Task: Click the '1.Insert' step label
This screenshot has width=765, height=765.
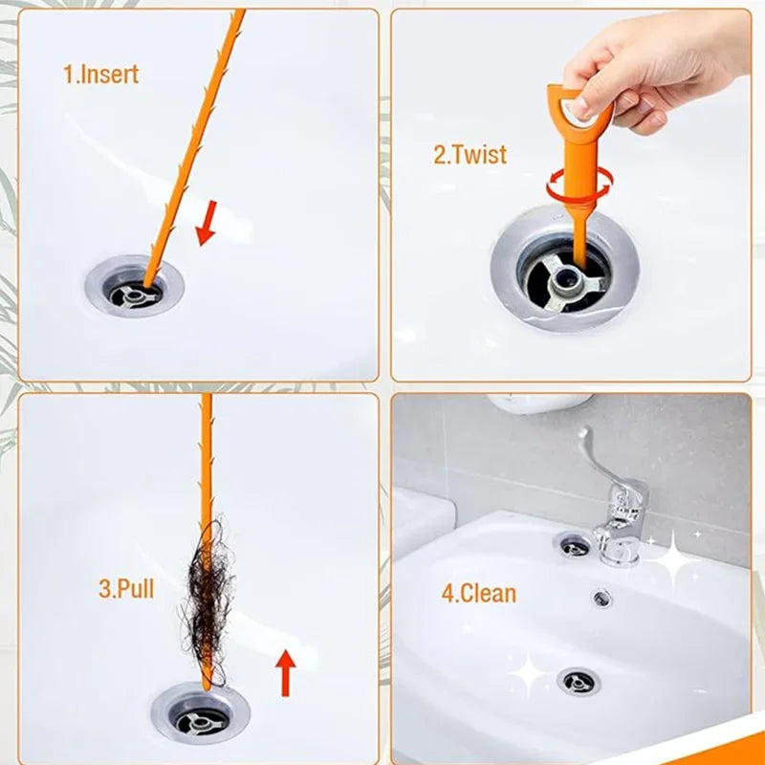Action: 100,75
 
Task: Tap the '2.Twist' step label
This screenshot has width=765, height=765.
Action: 470,155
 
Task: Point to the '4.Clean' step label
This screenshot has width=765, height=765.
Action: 478,593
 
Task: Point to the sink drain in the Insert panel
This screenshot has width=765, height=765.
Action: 134,287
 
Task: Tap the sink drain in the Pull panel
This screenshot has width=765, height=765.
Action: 200,712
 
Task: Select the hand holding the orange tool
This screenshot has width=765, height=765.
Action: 650,72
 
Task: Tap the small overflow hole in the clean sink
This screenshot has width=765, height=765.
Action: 601,598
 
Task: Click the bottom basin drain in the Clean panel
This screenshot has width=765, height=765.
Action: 579,681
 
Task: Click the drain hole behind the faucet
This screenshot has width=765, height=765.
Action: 574,545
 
